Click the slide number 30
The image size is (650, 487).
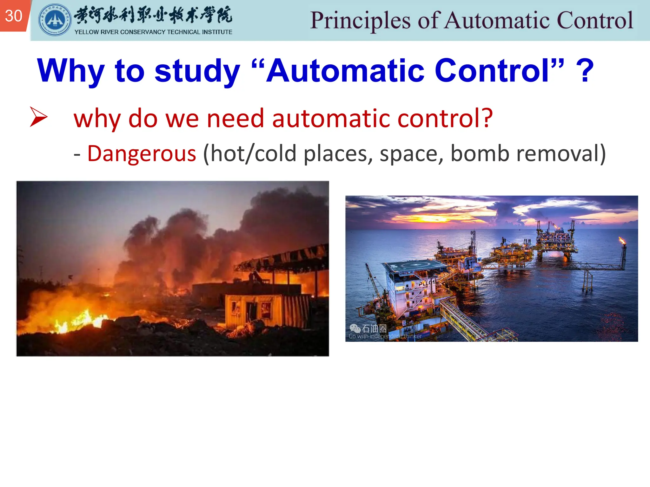(x=14, y=16)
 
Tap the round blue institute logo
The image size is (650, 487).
(x=55, y=20)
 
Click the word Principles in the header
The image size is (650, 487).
(x=360, y=21)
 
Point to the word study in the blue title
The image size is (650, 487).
(x=197, y=71)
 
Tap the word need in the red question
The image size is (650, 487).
(x=235, y=118)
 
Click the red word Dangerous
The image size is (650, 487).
(x=142, y=154)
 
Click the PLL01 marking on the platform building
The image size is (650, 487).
(x=426, y=282)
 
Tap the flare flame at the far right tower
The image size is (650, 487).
(x=622, y=241)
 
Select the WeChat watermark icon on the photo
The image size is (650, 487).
(x=355, y=328)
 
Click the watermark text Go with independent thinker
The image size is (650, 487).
(x=385, y=336)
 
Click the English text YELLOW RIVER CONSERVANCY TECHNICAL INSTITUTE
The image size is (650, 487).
(x=153, y=32)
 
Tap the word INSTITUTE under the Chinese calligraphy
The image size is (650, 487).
(x=217, y=32)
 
